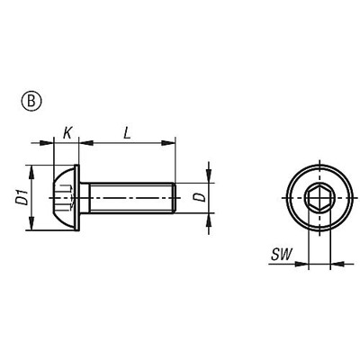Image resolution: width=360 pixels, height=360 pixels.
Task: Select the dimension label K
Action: (67, 133)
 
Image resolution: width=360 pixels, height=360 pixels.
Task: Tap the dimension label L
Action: (128, 132)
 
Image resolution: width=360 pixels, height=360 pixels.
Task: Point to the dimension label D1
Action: (21, 197)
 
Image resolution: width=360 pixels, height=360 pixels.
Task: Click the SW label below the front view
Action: (280, 257)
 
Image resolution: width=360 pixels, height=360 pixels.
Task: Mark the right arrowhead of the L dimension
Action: (168, 141)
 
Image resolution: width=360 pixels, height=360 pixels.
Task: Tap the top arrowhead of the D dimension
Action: (209, 178)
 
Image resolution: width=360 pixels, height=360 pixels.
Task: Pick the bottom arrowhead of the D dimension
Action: (209, 217)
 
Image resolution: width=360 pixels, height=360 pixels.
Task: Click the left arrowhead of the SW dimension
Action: (303, 265)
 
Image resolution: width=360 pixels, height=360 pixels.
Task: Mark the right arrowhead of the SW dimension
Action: (334, 265)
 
